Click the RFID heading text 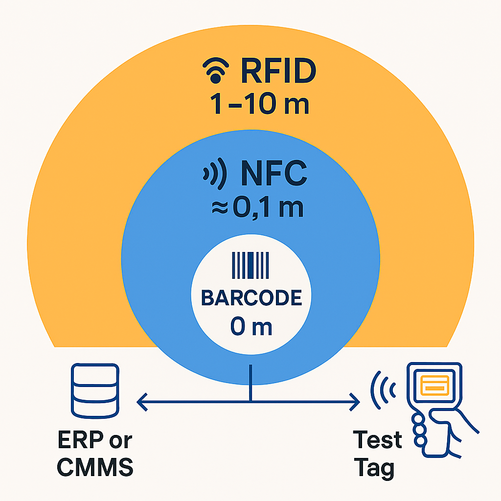[277, 72]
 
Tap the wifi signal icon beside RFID [215, 72]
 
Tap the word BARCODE [251, 298]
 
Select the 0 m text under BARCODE [251, 327]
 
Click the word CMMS [95, 468]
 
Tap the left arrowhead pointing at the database [142, 403]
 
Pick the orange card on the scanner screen [434, 388]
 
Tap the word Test [378, 440]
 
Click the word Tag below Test [374, 468]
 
